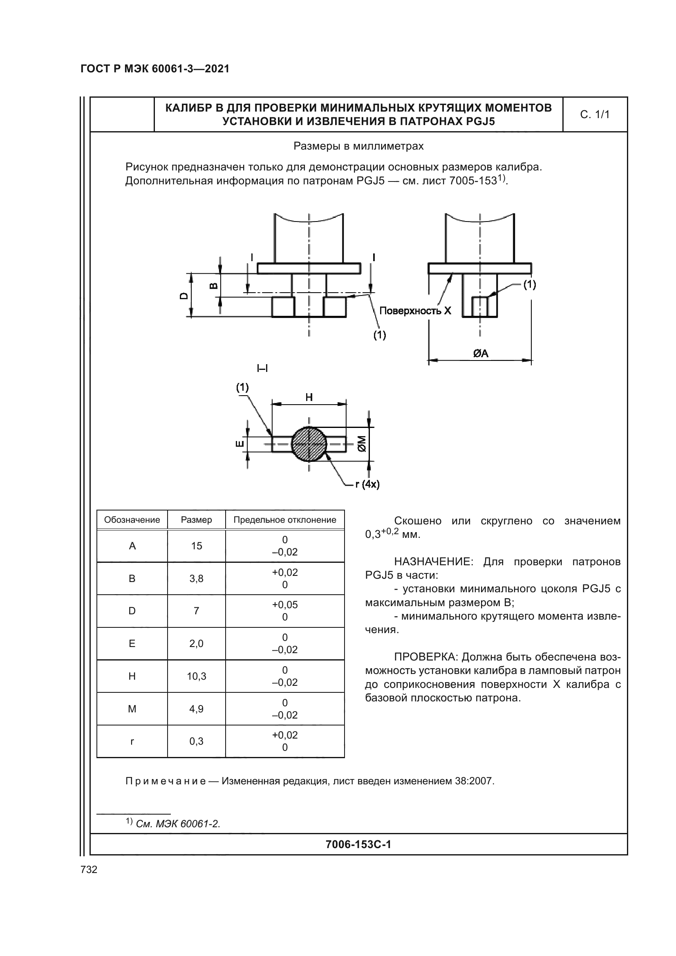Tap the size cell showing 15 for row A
[x=197, y=546]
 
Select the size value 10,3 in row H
[x=197, y=676]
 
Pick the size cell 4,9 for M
[x=197, y=709]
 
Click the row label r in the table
[x=132, y=741]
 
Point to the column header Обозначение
[x=132, y=519]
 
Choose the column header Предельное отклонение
[x=285, y=519]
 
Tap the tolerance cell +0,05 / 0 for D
[x=285, y=611]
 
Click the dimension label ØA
[x=480, y=354]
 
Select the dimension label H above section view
[x=309, y=397]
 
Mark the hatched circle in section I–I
[x=309, y=444]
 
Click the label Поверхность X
[x=415, y=311]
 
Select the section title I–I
[x=262, y=368]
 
